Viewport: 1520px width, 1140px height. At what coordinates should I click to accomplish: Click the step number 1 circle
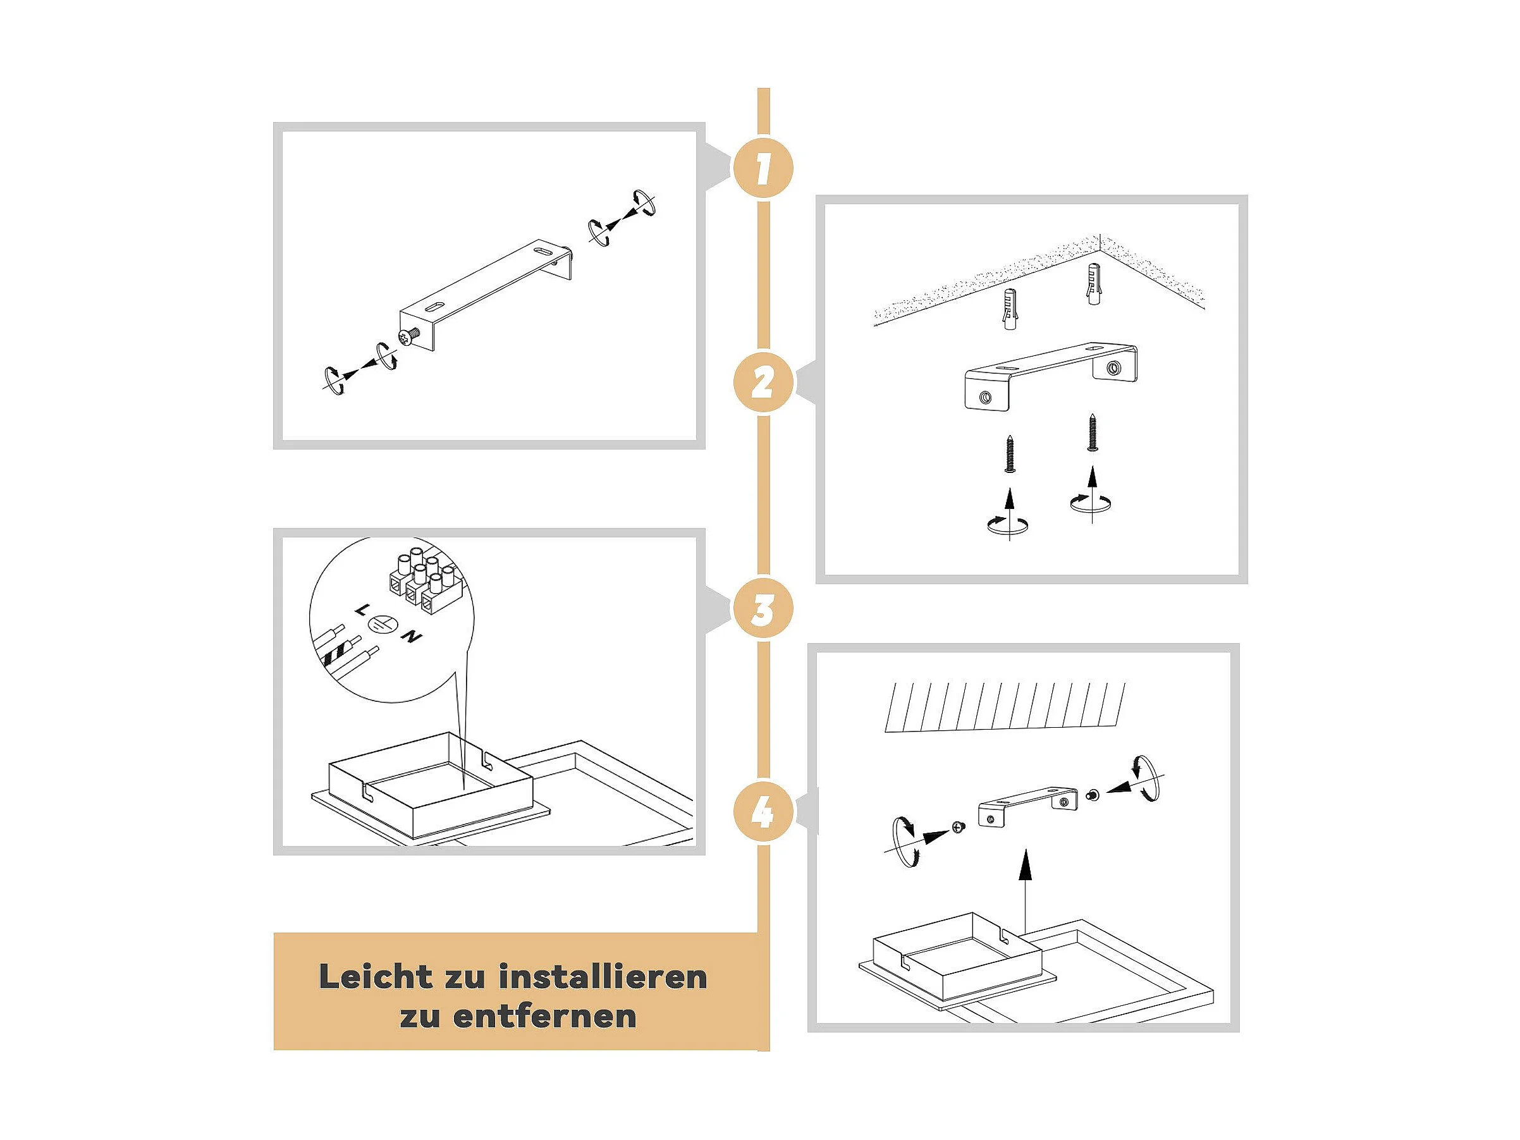763,168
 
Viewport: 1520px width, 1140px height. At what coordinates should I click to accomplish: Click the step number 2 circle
763,382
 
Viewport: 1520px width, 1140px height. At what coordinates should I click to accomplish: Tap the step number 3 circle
763,609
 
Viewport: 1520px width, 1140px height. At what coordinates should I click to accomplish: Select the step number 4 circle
763,813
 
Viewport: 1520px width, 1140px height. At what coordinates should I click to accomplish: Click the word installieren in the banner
603,976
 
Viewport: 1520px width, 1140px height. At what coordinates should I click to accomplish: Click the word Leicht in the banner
376,976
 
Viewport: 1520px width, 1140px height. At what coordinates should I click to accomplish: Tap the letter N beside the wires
412,637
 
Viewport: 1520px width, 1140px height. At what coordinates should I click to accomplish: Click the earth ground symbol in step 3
383,624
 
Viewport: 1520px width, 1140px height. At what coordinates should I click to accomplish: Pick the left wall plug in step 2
1010,309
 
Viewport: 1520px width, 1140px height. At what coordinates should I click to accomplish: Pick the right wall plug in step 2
1094,283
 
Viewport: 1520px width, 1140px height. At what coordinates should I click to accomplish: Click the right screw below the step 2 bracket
1093,432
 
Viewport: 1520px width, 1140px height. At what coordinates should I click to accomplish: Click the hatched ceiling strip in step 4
1005,706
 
